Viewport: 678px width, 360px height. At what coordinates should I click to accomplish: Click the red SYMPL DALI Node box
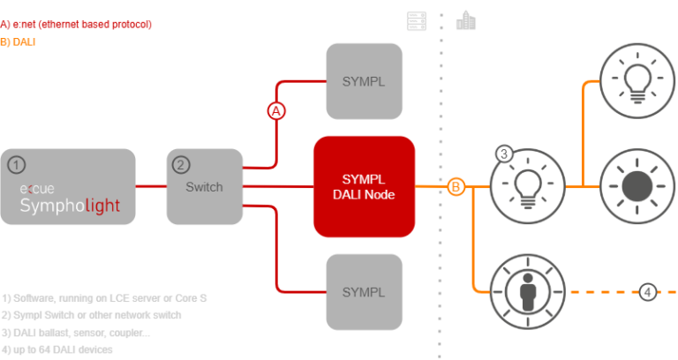(364, 186)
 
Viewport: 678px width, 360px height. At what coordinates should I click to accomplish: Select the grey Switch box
(204, 186)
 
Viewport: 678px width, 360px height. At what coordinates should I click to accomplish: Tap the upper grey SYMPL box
(364, 80)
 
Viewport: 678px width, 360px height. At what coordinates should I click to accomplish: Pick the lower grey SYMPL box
(364, 291)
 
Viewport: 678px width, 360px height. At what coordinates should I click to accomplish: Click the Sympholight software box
(69, 186)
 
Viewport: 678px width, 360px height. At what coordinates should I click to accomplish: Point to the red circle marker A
(277, 111)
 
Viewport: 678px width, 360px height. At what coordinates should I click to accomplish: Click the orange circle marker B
(456, 186)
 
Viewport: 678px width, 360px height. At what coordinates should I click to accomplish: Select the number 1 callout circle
(17, 165)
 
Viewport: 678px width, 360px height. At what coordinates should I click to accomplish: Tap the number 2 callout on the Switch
(180, 164)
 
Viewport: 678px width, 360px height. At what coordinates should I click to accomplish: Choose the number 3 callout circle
(504, 154)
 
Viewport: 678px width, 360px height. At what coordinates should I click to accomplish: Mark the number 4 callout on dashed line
(648, 291)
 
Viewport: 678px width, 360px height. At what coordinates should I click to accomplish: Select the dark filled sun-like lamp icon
(637, 186)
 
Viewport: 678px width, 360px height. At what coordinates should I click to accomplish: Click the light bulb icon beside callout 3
(528, 186)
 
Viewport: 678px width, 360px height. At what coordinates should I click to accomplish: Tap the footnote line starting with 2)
(92, 315)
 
